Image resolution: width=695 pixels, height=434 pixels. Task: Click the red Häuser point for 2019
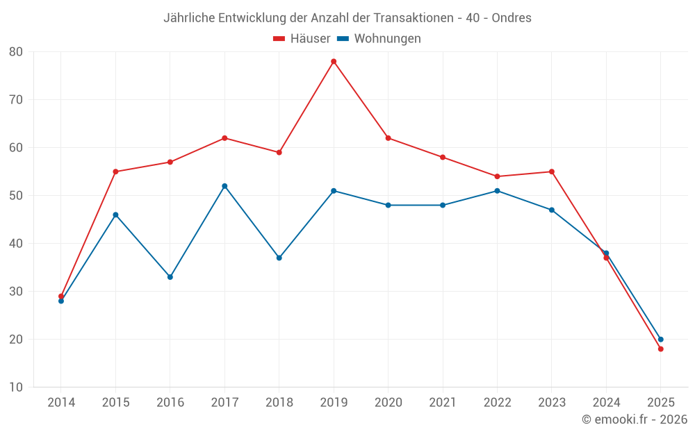click(334, 61)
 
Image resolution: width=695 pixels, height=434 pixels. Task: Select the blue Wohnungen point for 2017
click(224, 186)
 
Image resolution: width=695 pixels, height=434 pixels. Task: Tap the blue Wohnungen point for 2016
click(170, 277)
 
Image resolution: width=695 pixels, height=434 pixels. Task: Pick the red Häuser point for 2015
click(115, 172)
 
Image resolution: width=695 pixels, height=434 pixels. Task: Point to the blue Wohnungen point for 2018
click(279, 258)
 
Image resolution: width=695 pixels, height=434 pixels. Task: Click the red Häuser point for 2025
click(660, 349)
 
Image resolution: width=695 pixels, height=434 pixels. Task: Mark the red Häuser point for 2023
click(552, 172)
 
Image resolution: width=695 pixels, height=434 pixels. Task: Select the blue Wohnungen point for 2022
click(497, 191)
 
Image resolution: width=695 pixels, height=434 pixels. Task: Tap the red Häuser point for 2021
click(443, 157)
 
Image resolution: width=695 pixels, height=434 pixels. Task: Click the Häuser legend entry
click(302, 39)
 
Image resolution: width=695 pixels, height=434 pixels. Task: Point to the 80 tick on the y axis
click(16, 52)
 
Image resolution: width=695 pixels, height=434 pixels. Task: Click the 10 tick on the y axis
click(16, 387)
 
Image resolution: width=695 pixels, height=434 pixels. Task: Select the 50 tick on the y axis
click(16, 196)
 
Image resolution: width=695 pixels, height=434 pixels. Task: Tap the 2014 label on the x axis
click(61, 403)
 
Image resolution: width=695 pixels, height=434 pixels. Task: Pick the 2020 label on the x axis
click(388, 403)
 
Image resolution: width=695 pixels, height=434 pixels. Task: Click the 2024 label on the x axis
click(606, 403)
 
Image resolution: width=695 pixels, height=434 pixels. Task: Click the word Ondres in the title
click(511, 18)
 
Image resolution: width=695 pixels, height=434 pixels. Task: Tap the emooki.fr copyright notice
click(634, 419)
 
